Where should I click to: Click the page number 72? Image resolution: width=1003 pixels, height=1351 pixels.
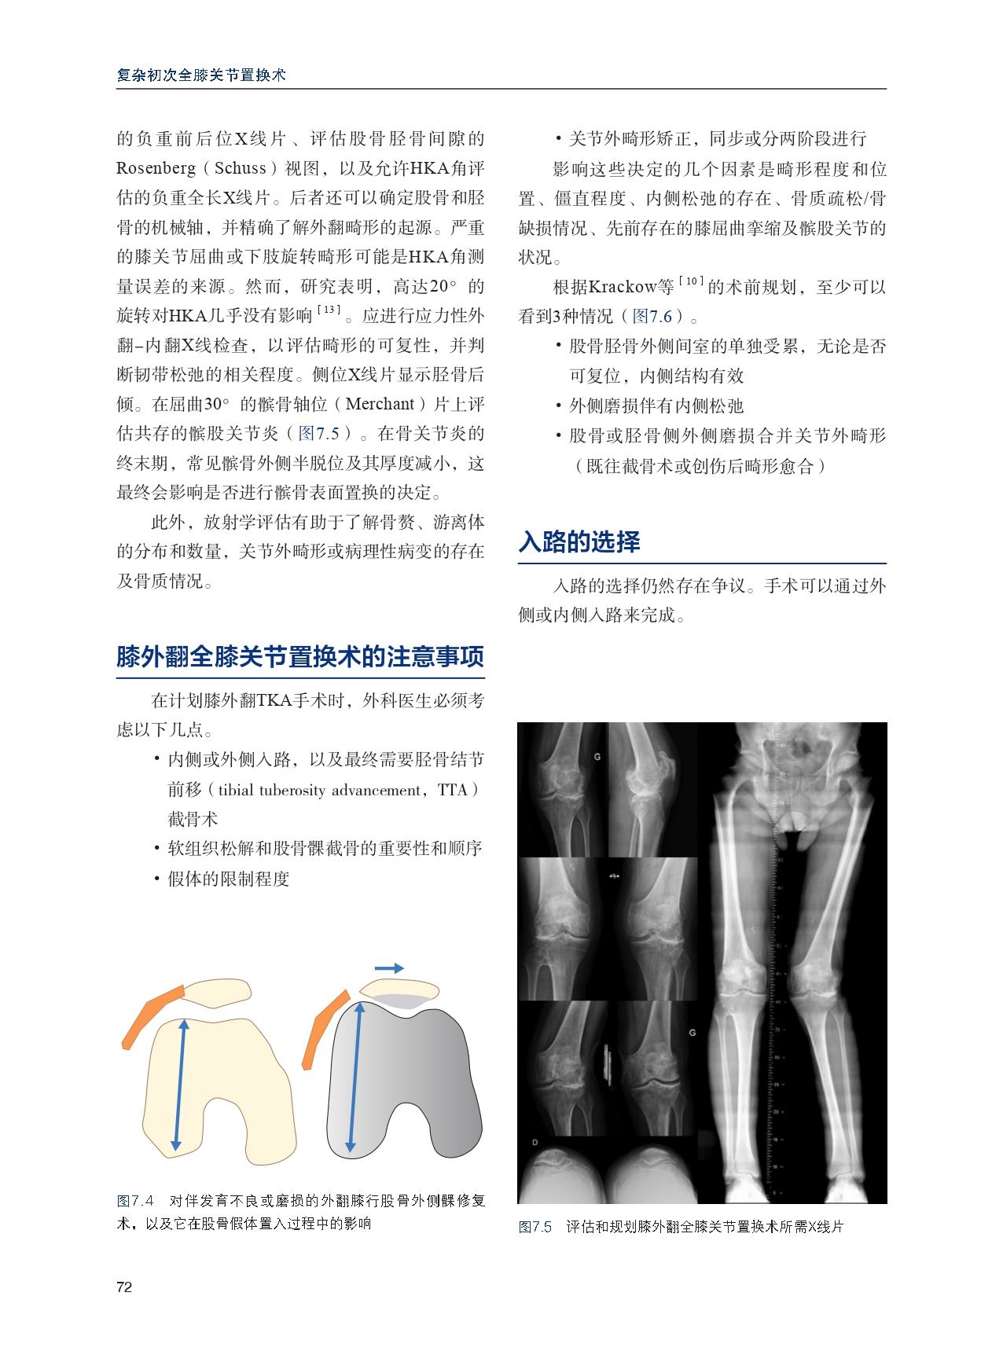[x=124, y=1287]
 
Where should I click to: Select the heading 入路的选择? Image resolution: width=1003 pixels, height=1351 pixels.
[x=579, y=542]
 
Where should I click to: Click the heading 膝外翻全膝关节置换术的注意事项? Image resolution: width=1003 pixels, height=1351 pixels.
[x=300, y=656]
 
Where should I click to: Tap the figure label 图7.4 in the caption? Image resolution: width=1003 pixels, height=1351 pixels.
[x=135, y=1201]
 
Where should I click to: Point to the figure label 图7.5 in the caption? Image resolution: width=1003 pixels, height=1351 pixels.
[x=535, y=1227]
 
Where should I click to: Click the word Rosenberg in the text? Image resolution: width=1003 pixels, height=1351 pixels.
[x=156, y=168]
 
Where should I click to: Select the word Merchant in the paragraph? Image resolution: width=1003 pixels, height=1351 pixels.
[x=380, y=404]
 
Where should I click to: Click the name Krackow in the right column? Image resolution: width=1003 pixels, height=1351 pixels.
[x=622, y=288]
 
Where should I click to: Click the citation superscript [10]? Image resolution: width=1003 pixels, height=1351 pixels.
[x=691, y=281]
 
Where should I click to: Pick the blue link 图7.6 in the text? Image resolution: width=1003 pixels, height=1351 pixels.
[x=652, y=317]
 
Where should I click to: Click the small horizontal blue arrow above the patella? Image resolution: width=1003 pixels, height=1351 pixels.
[x=389, y=968]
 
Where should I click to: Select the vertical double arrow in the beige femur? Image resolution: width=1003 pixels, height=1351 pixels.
[x=180, y=1085]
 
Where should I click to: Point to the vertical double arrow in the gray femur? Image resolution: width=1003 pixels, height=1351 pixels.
[x=355, y=1077]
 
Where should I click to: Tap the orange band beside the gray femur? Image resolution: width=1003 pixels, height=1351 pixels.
[x=324, y=1026]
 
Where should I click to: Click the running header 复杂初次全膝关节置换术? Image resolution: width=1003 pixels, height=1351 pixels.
[x=201, y=75]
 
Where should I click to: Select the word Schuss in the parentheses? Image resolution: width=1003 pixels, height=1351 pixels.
[x=241, y=168]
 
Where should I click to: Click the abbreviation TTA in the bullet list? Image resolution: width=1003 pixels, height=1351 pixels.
[x=452, y=790]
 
